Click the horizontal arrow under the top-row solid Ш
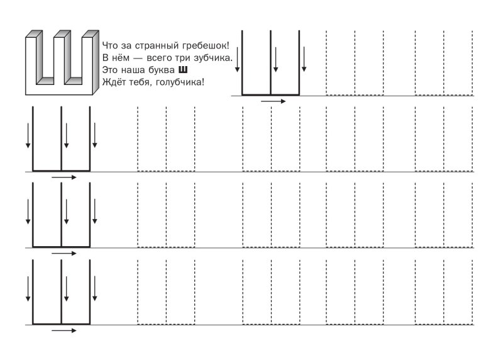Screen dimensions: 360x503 pyautogui.click(x=273, y=101)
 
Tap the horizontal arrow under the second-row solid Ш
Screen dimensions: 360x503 pyautogui.click(x=64, y=177)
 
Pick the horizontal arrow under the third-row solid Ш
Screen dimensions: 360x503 pyautogui.click(x=64, y=253)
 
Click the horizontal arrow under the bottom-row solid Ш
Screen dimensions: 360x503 pyautogui.click(x=64, y=329)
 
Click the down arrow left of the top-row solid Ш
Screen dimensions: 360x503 pyautogui.click(x=236, y=59)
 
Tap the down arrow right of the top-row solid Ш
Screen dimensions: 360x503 pyautogui.click(x=304, y=59)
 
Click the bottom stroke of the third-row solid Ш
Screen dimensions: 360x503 pyautogui.click(x=61, y=246)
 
